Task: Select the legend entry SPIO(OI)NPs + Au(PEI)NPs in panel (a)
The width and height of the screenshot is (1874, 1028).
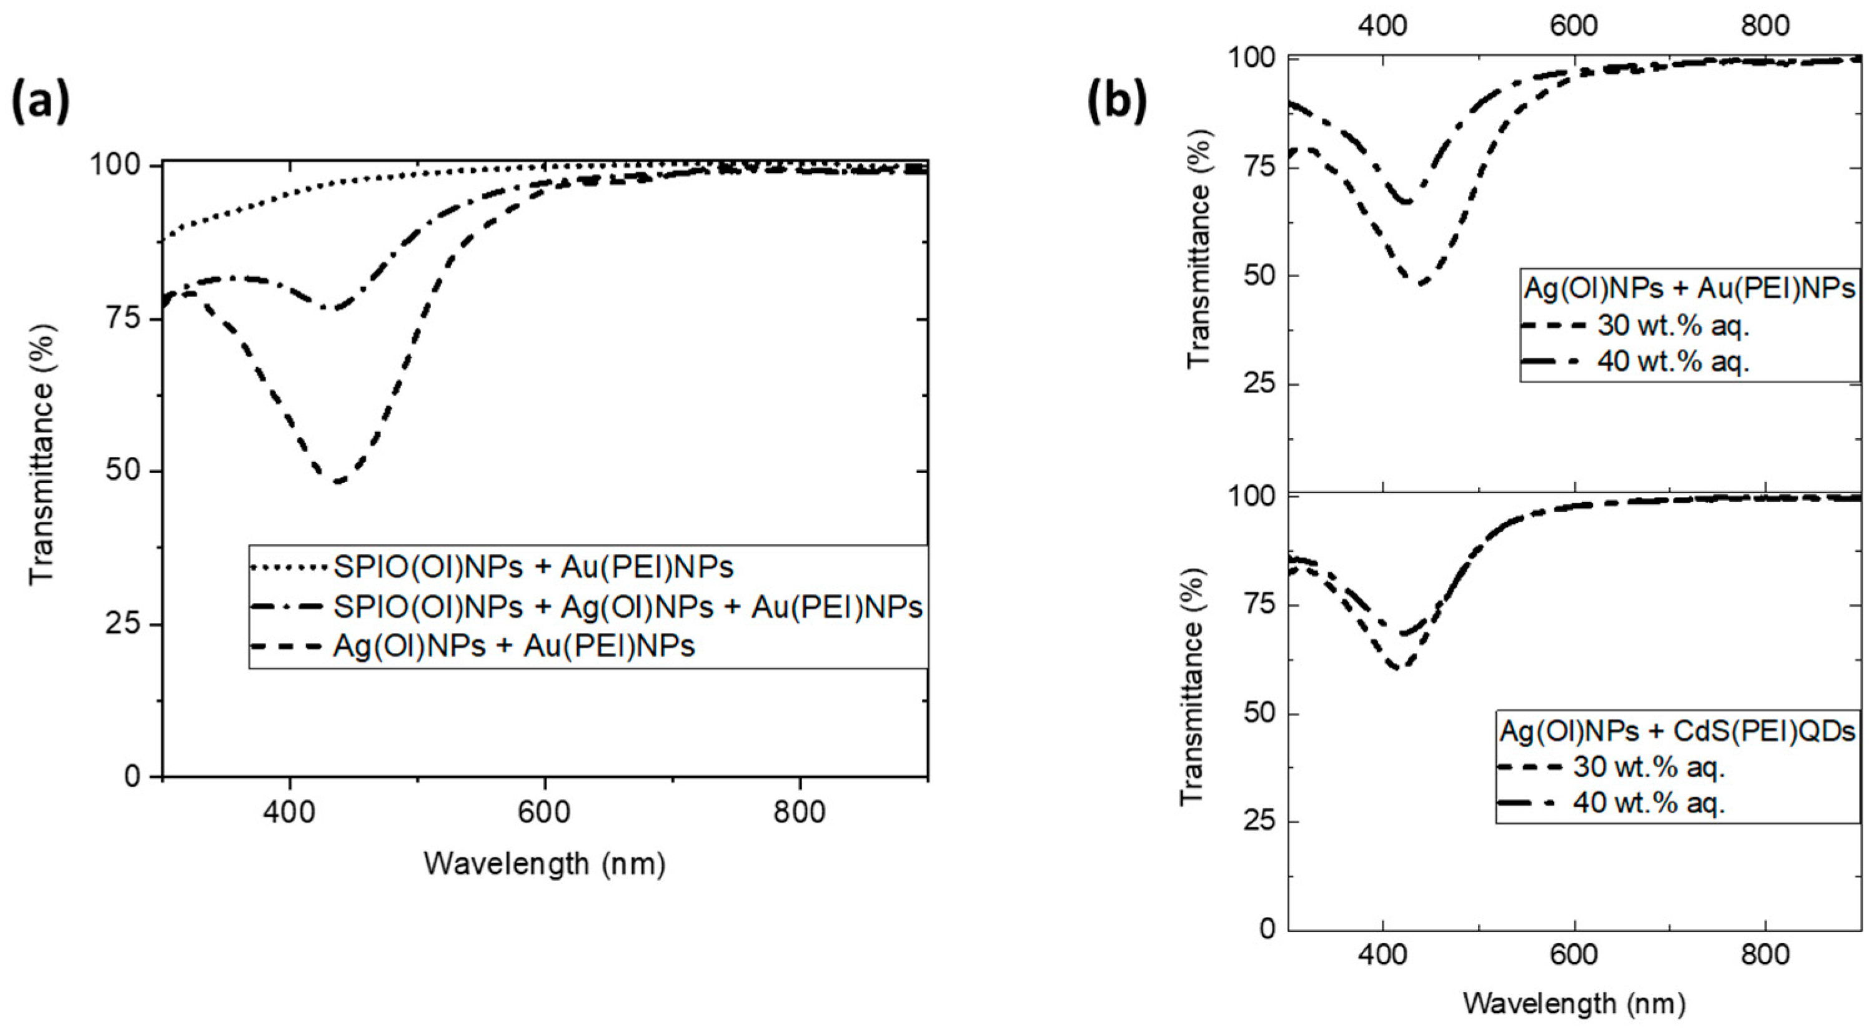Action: (533, 567)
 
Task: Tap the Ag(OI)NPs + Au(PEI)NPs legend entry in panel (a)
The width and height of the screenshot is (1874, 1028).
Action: (513, 645)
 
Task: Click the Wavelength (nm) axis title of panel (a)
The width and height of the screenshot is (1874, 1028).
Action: (544, 864)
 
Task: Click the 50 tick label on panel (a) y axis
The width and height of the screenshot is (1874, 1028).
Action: (122, 472)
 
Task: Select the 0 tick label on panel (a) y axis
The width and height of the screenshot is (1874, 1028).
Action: (132, 776)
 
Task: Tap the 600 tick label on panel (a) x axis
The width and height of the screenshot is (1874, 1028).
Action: (545, 811)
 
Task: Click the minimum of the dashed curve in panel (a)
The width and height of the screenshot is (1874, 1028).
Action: (337, 481)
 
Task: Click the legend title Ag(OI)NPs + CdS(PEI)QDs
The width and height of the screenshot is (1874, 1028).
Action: (1678, 732)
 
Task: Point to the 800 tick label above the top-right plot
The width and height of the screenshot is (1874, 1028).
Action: (1765, 26)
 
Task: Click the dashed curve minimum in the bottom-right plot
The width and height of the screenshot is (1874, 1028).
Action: (1397, 667)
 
